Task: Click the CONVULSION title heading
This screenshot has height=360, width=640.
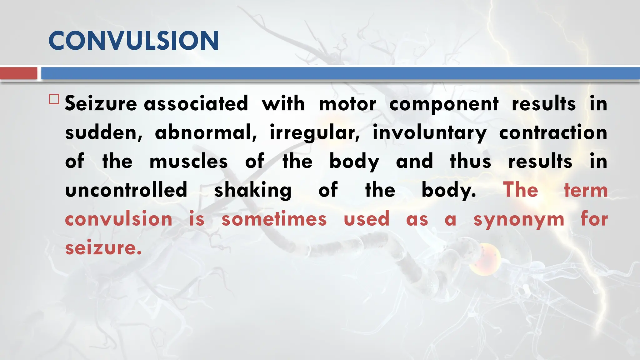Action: click(x=133, y=41)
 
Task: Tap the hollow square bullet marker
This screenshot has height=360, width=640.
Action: click(x=54, y=99)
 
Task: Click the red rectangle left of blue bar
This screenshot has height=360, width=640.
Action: click(x=18, y=73)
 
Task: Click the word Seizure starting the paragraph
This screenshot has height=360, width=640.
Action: click(x=101, y=104)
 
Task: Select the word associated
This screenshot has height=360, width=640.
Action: click(x=196, y=104)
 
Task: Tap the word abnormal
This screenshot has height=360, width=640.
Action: click(x=206, y=132)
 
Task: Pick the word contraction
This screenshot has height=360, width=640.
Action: click(x=553, y=132)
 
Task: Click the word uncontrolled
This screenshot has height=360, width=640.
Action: click(x=126, y=190)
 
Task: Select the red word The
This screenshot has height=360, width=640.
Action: click(x=521, y=190)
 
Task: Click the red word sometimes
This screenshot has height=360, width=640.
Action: click(x=274, y=219)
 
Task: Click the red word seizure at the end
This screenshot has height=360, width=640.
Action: click(x=103, y=248)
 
